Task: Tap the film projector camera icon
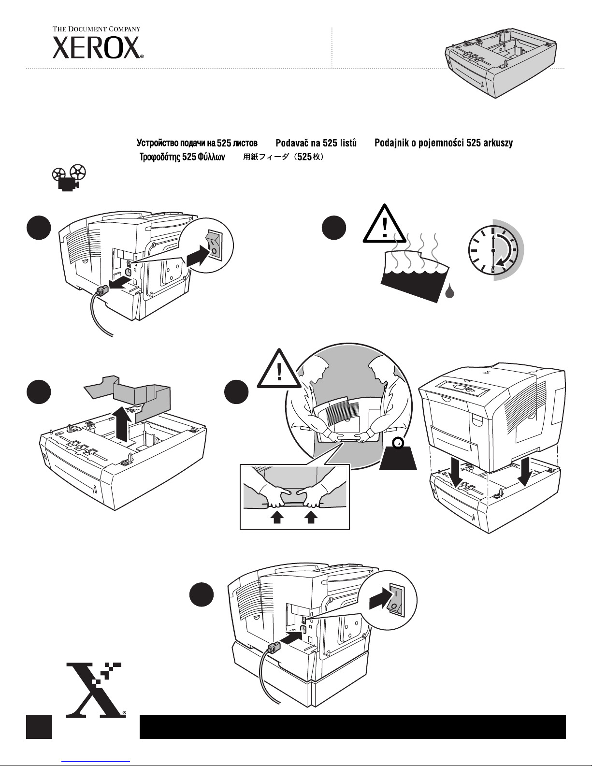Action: click(69, 178)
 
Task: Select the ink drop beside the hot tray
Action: click(449, 292)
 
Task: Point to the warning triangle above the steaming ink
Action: click(385, 224)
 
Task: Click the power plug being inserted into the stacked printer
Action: click(274, 646)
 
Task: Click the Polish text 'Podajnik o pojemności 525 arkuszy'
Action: click(444, 143)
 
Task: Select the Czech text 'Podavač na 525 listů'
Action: click(316, 143)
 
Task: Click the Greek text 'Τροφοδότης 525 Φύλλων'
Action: click(182, 157)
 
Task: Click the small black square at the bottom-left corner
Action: click(39, 726)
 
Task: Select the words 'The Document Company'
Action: click(96, 29)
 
